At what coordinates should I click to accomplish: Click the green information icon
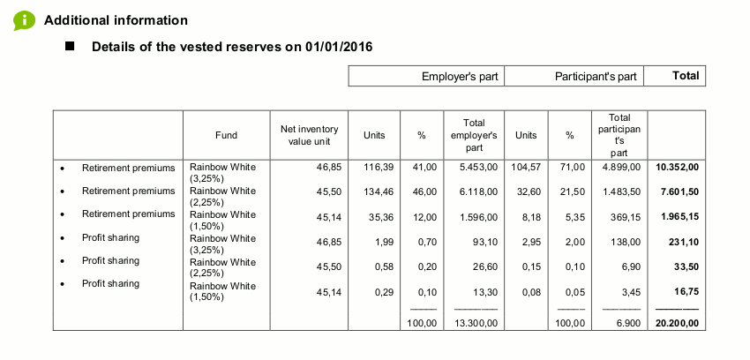coord(24,19)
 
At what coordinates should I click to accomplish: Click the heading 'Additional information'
coord(116,20)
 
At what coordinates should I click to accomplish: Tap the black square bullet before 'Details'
coord(71,46)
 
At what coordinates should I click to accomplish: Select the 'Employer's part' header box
coord(427,77)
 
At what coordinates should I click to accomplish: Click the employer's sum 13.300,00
coord(476,324)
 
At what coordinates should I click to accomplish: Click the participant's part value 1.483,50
coord(623,191)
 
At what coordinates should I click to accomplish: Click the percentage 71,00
coord(574,167)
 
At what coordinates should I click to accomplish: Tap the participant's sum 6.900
coord(627,324)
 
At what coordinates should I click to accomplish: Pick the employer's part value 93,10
coord(486,238)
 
